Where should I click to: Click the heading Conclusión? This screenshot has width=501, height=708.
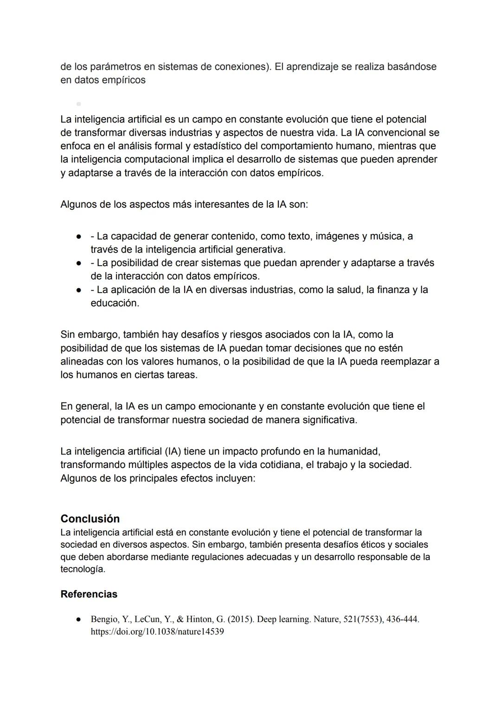[90, 519]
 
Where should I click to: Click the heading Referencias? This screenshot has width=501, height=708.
[89, 594]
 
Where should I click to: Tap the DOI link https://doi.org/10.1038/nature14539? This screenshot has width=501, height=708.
[157, 632]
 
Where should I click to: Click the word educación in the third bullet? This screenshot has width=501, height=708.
[115, 303]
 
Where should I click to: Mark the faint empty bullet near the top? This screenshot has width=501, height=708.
[78, 104]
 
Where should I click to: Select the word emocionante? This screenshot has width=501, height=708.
[227, 406]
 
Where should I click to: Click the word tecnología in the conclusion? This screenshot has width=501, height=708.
[83, 569]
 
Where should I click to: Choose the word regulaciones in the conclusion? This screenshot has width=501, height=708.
[219, 557]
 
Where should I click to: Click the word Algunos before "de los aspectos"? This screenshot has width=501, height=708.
[78, 204]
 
